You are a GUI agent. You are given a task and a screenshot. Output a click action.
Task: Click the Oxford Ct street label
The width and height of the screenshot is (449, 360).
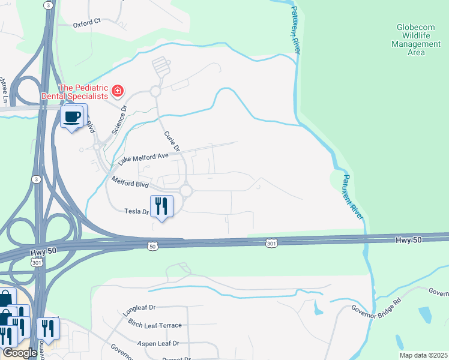(x=88, y=26)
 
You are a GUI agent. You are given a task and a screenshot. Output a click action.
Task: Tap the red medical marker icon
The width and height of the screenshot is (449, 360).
(x=118, y=91)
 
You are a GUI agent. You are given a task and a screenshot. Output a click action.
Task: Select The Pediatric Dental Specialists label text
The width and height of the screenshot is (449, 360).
(x=75, y=91)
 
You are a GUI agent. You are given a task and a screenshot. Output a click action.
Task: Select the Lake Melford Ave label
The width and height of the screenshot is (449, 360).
(x=143, y=158)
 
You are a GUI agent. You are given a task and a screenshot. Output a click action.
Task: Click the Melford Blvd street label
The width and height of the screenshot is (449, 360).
(x=128, y=182)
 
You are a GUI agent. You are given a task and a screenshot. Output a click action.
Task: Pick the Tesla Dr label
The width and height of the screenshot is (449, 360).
(x=136, y=211)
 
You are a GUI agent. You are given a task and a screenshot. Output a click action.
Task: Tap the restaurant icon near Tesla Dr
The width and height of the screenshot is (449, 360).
(x=161, y=206)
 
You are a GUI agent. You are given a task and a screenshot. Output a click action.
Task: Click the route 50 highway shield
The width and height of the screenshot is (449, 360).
(x=152, y=245)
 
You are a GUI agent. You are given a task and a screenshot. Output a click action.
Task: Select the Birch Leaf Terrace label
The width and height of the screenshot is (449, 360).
(x=154, y=325)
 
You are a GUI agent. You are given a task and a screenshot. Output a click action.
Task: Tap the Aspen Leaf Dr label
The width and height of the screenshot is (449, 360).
(x=155, y=343)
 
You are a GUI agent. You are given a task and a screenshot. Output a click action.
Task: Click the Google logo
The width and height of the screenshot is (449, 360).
(x=19, y=353)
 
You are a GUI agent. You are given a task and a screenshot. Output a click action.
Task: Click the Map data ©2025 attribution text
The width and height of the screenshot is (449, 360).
(x=424, y=355)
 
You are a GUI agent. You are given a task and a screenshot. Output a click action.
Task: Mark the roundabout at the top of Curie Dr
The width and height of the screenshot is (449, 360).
(x=155, y=91)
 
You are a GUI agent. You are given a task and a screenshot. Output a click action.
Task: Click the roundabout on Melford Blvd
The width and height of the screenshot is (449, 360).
(x=185, y=191)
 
